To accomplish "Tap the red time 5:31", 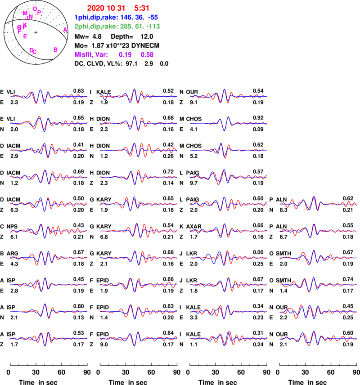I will (x=142, y=8).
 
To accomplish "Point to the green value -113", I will (x=154, y=27).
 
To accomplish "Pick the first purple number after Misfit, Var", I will (x=125, y=54).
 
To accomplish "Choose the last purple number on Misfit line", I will (x=147, y=54).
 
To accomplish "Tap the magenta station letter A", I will (x=65, y=30).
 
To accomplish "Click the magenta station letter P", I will (x=40, y=12).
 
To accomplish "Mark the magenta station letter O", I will (x=35, y=9).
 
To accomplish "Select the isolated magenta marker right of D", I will (x=55, y=50).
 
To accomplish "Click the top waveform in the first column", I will (x=49, y=96).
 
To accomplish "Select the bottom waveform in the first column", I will (x=49, y=338).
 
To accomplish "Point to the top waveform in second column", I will (x=139, y=96).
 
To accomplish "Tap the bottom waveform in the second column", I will (x=139, y=338).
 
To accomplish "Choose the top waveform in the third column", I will (x=228, y=96).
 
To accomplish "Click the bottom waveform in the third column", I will (x=228, y=338).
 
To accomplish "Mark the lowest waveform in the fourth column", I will (x=318, y=338).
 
